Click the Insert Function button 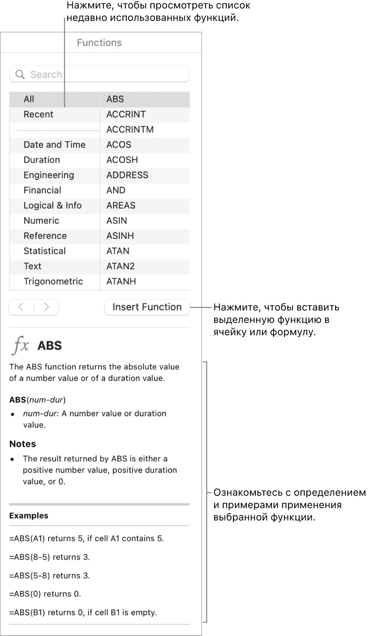click(x=147, y=307)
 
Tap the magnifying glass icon click(x=20, y=74)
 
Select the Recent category click(x=39, y=114)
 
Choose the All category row click(x=29, y=99)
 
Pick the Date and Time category click(x=55, y=145)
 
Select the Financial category click(x=42, y=190)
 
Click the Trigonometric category click(x=53, y=281)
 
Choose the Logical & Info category click(x=52, y=206)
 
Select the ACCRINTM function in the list click(x=130, y=129)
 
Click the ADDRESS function click(x=127, y=175)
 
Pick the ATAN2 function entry click(x=121, y=266)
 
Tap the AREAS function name click(x=121, y=206)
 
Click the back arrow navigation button click(x=21, y=307)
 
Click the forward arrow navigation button click(x=46, y=307)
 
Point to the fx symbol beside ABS click(x=21, y=345)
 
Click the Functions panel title click(x=99, y=43)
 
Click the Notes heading click(x=22, y=444)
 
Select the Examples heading click(x=29, y=515)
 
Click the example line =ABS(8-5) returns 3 click(x=50, y=557)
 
